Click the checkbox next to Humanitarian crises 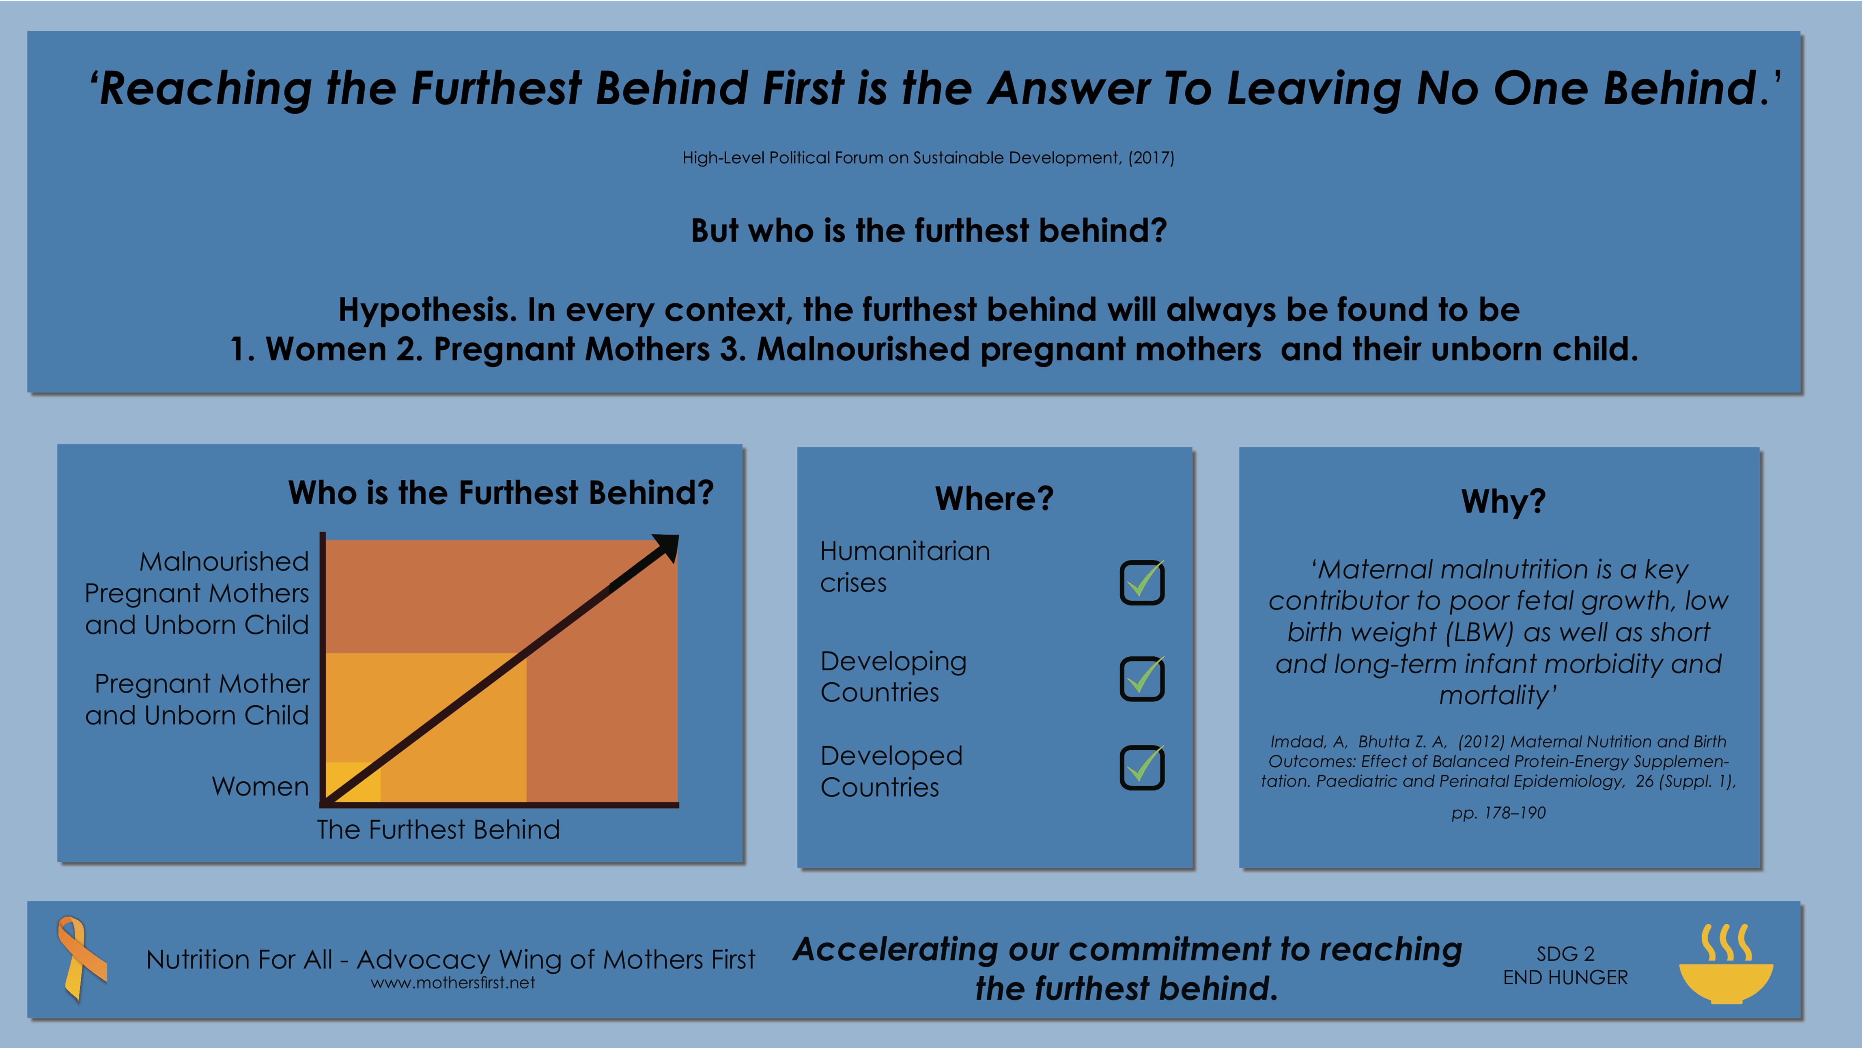click(x=1142, y=582)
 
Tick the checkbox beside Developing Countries click(x=1142, y=678)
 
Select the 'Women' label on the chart click(x=260, y=786)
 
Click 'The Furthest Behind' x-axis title click(x=439, y=830)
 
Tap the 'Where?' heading click(x=995, y=498)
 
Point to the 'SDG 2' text click(x=1566, y=954)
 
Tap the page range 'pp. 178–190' click(x=1498, y=813)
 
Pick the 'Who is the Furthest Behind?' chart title click(x=501, y=492)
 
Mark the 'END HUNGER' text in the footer click(x=1566, y=978)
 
